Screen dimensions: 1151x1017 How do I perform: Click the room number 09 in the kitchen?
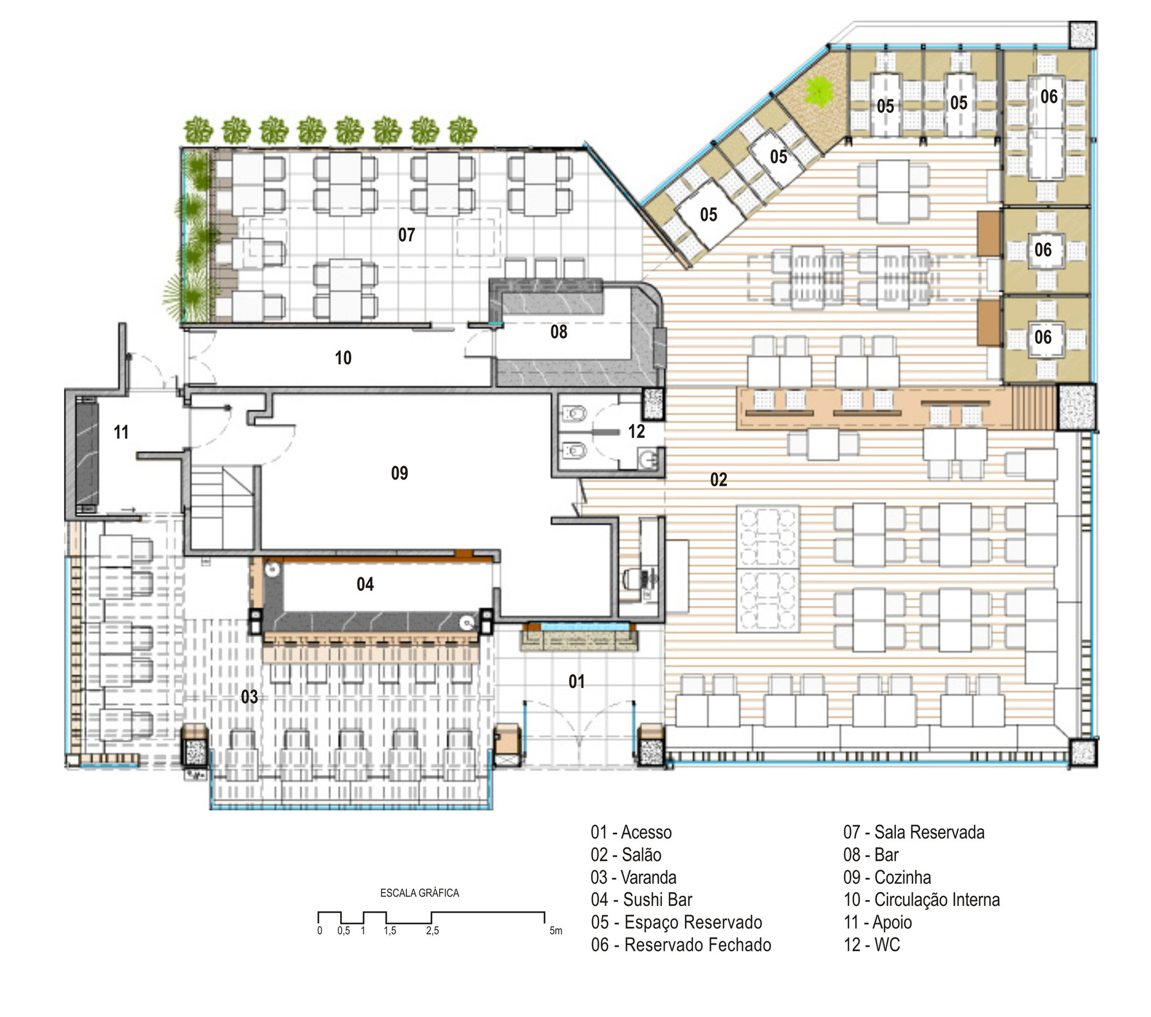tap(399, 473)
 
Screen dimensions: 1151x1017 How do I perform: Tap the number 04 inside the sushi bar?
tap(365, 584)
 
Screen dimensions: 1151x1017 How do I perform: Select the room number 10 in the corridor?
tap(343, 358)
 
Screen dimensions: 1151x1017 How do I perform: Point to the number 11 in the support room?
tap(121, 432)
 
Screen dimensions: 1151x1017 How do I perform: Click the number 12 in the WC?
tap(636, 431)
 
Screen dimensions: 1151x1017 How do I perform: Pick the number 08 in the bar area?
tap(558, 332)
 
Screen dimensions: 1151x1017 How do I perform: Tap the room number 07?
tap(406, 235)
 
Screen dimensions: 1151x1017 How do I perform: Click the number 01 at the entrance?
tap(576, 681)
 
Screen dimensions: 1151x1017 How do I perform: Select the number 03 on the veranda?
tap(249, 697)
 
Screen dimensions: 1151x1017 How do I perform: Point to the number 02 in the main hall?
tap(718, 479)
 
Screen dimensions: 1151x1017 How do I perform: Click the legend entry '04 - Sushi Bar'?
tap(641, 900)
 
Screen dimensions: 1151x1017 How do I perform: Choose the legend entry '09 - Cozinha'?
tap(887, 877)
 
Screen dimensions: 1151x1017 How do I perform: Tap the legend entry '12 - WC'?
tap(871, 944)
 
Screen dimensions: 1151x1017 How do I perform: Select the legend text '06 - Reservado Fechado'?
tap(681, 944)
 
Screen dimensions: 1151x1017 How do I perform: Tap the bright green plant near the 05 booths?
tap(818, 90)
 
